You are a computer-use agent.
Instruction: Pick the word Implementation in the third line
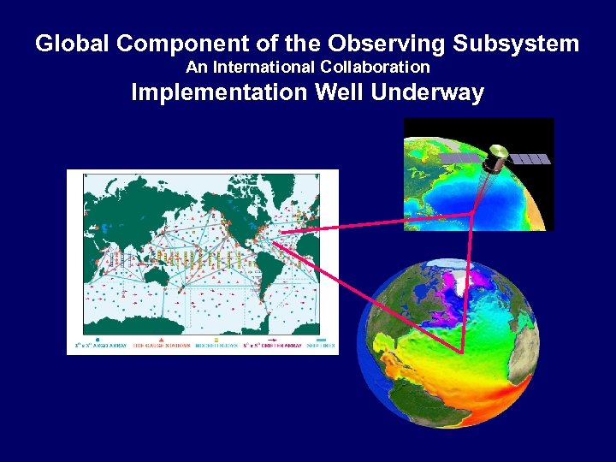click(218, 92)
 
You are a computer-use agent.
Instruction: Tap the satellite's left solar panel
click(459, 160)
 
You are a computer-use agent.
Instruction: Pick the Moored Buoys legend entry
click(214, 345)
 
